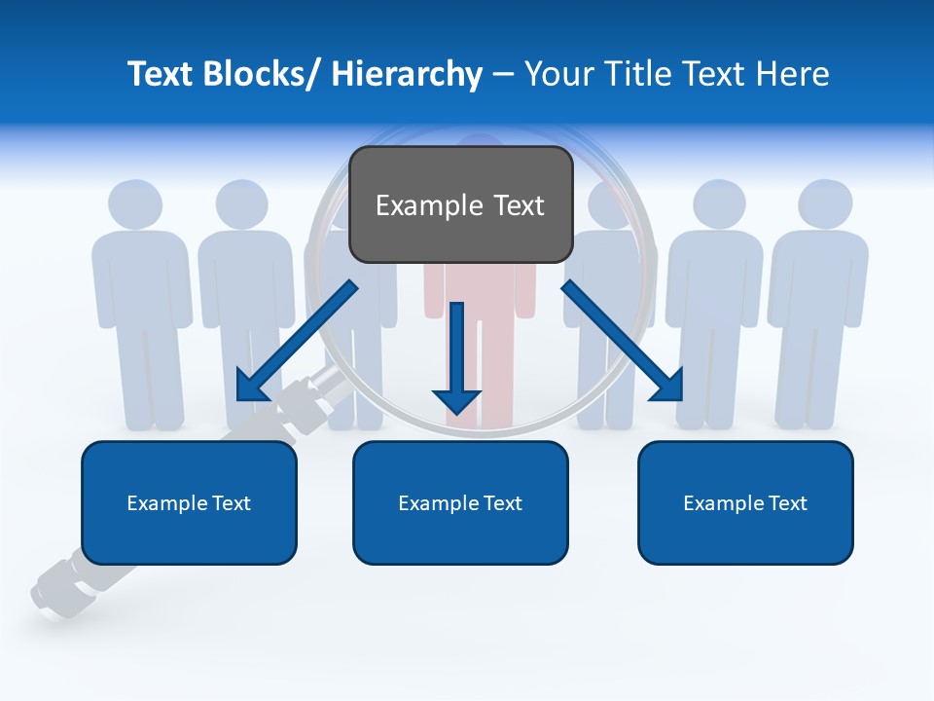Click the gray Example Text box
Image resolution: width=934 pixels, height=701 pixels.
[x=460, y=204]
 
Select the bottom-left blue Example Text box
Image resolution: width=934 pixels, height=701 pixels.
[x=189, y=502]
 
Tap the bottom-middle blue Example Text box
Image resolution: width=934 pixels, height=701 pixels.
[x=460, y=502]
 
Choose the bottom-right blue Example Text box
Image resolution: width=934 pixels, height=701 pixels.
[x=745, y=502]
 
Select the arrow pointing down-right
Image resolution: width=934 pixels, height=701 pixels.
[x=624, y=342]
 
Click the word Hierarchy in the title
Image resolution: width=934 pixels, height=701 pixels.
[x=406, y=74]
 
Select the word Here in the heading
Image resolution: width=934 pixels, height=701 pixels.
[x=793, y=74]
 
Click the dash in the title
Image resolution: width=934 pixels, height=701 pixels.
[x=502, y=74]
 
